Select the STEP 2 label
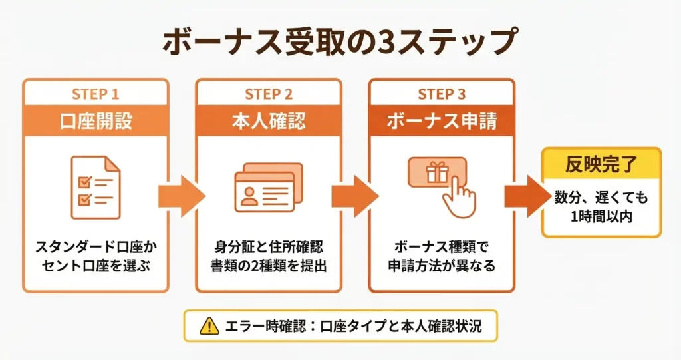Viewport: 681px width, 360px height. click(x=268, y=94)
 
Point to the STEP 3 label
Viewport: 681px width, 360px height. click(x=442, y=94)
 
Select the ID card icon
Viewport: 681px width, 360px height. click(x=268, y=188)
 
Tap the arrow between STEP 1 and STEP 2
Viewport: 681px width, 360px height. click(x=182, y=196)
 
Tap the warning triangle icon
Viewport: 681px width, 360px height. click(x=208, y=326)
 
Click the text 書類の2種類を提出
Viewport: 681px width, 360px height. click(x=268, y=267)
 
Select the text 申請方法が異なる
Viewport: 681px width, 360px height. click(x=442, y=267)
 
